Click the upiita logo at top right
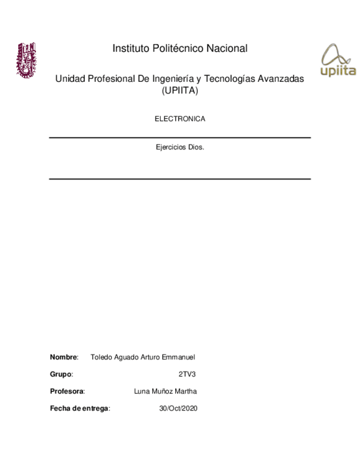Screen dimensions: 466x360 click(x=337, y=61)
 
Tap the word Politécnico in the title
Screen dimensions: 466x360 click(x=177, y=49)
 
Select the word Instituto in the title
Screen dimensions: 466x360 click(x=130, y=49)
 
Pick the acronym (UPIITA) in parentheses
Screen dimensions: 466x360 click(x=180, y=92)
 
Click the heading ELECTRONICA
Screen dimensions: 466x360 click(x=180, y=119)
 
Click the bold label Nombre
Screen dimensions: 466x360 click(x=64, y=357)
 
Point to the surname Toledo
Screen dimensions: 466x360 click(x=101, y=357)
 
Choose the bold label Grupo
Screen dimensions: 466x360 click(x=61, y=374)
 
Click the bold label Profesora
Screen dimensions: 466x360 click(x=67, y=391)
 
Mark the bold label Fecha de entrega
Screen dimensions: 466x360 click(x=79, y=408)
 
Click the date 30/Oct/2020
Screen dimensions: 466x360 click(x=178, y=408)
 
